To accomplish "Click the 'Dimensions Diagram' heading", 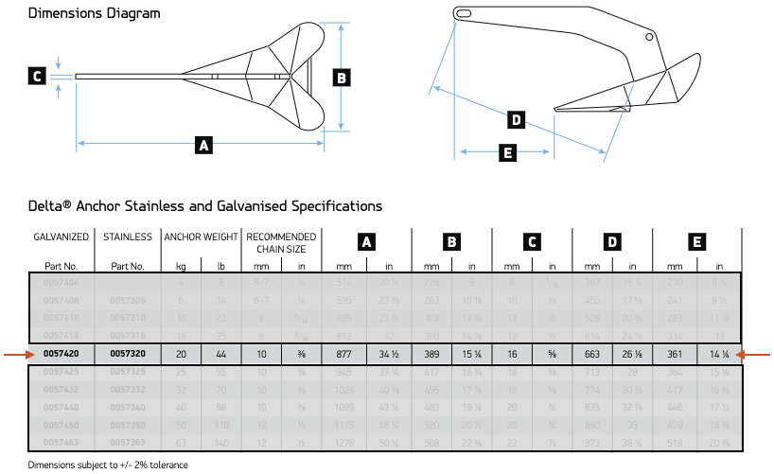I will point(94,14).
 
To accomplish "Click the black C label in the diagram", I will point(37,77).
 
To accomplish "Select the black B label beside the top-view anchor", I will point(343,77).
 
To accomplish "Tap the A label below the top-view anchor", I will point(202,145).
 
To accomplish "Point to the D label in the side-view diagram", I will point(516,119).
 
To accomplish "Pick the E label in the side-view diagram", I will point(508,151).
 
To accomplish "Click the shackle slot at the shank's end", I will point(464,13).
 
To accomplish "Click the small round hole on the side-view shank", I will point(650,37).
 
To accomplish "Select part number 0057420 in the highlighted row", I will point(62,354).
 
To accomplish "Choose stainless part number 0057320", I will point(127,354).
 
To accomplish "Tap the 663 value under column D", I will point(592,354).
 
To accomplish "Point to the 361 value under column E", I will point(676,354).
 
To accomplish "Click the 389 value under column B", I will point(431,354).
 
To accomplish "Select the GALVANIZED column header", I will point(62,237).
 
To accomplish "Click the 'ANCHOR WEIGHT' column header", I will point(201,237).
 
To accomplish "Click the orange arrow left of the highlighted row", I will point(15,354).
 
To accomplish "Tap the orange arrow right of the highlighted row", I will point(759,354).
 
